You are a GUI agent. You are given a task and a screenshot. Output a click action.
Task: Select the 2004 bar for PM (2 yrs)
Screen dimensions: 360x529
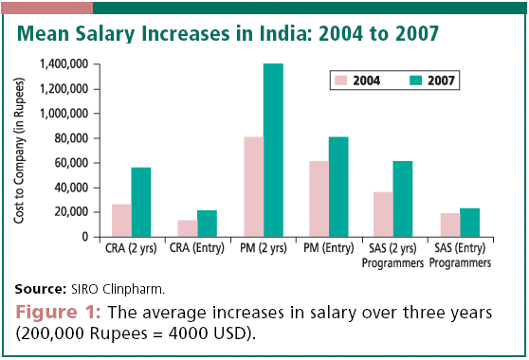click(x=253, y=187)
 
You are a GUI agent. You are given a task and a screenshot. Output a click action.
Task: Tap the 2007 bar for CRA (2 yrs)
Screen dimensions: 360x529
click(x=141, y=202)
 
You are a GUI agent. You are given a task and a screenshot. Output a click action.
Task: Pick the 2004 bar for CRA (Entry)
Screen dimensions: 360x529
click(x=187, y=228)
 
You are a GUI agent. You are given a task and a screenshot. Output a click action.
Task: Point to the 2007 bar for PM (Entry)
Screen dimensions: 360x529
click(x=338, y=187)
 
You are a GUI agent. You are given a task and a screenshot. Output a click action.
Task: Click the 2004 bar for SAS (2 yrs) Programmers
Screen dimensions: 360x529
click(x=384, y=214)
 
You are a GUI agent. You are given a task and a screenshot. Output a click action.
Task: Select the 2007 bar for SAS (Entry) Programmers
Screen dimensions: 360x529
click(x=470, y=223)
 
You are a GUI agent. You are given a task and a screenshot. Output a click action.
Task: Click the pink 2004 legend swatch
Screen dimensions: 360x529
click(x=339, y=81)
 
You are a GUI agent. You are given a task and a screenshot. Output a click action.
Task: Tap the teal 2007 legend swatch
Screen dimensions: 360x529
click(x=413, y=81)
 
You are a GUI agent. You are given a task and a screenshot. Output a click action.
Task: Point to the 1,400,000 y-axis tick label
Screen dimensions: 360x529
click(x=64, y=64)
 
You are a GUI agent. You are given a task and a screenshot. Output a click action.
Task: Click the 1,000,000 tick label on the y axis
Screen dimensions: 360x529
click(x=64, y=114)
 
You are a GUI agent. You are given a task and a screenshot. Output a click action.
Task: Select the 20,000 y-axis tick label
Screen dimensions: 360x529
click(x=70, y=212)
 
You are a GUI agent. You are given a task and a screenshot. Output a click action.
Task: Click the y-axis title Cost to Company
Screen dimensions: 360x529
click(x=20, y=152)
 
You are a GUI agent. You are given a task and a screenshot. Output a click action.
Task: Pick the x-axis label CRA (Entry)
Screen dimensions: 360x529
click(x=197, y=248)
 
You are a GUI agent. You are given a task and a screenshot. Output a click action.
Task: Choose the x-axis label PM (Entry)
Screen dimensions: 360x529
click(x=328, y=248)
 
